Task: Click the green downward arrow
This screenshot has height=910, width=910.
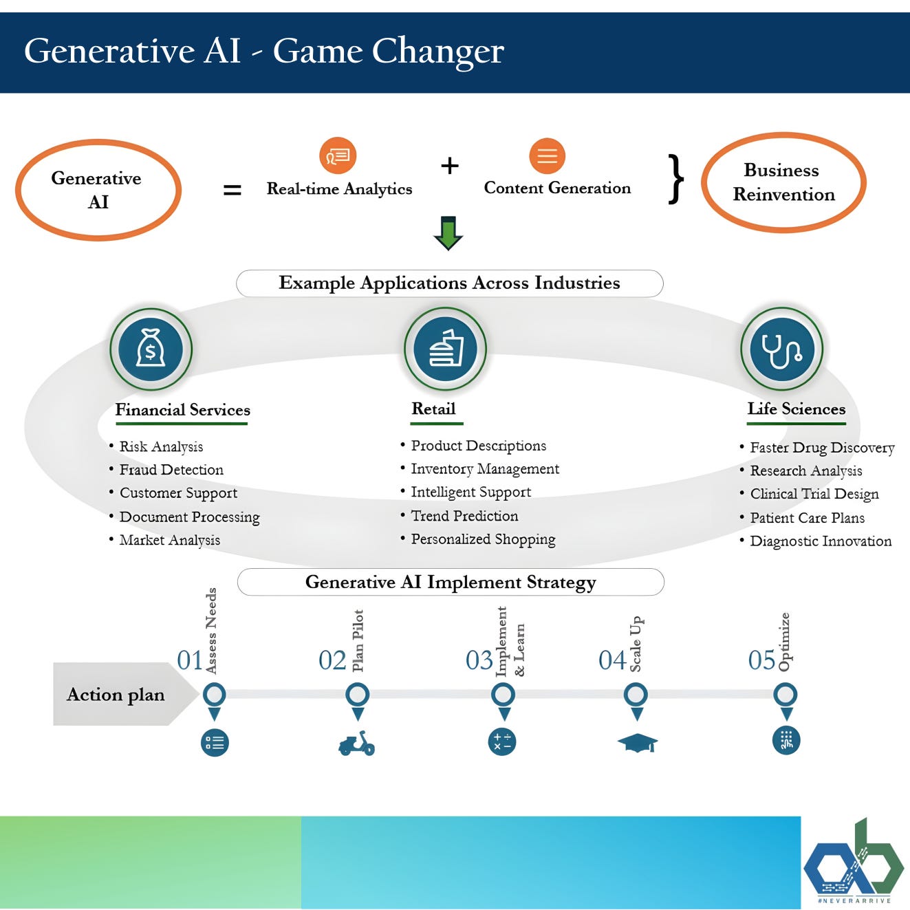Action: [448, 232]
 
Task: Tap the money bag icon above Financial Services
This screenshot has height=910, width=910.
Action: [151, 349]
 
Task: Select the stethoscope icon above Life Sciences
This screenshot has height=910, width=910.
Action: [781, 349]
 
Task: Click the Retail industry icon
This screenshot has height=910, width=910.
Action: [446, 349]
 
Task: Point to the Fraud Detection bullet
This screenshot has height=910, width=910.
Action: [171, 470]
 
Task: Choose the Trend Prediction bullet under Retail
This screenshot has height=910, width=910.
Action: [464, 516]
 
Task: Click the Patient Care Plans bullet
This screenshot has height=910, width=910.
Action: [807, 518]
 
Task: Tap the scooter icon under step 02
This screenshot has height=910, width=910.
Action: [356, 744]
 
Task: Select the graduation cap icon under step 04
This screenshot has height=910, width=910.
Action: [637, 743]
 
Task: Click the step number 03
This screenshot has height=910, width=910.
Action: [479, 660]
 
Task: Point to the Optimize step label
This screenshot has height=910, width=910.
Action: [784, 641]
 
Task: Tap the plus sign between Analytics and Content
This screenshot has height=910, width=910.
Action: [449, 166]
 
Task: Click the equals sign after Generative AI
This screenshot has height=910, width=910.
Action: [232, 190]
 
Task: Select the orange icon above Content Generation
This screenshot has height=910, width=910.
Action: [547, 156]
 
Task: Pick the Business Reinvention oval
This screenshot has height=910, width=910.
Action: [783, 183]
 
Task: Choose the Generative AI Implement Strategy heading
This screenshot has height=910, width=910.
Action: [451, 582]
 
